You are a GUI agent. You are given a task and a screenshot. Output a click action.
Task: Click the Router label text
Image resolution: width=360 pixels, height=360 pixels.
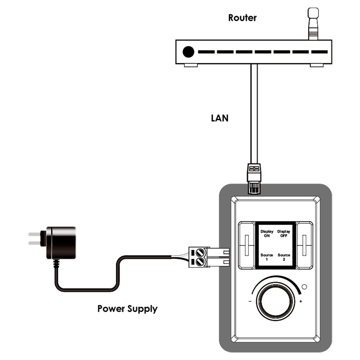(x=242, y=18)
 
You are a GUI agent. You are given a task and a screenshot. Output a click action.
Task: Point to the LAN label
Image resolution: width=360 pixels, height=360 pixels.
(x=220, y=118)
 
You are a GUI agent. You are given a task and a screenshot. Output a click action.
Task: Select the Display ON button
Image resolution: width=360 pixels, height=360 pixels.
(x=267, y=234)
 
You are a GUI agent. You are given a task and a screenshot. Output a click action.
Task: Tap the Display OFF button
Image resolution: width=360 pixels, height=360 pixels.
(x=284, y=234)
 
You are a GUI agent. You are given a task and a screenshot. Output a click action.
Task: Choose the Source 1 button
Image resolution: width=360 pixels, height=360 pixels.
(x=267, y=257)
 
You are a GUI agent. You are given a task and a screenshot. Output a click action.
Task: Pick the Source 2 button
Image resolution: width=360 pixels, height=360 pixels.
(x=284, y=257)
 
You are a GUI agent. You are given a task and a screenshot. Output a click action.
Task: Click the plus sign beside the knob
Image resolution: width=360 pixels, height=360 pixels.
(x=301, y=302)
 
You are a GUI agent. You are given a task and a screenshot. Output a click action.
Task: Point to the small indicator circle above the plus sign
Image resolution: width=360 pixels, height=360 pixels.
(x=304, y=287)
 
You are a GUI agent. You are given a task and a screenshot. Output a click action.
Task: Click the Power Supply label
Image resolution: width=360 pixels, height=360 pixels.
(x=127, y=309)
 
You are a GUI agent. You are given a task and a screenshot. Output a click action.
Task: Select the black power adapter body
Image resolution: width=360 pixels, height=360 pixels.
(x=61, y=243)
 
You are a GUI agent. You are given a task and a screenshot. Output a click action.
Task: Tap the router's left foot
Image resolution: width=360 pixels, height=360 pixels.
(x=191, y=65)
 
